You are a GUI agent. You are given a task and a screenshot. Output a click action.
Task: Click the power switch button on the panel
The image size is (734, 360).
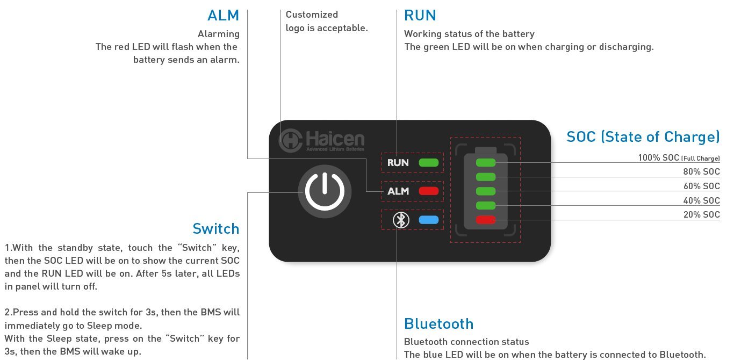tap(325, 191)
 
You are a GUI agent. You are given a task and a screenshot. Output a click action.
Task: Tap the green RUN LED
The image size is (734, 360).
tap(429, 162)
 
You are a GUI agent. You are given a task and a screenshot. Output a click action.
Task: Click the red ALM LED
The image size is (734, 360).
tap(429, 191)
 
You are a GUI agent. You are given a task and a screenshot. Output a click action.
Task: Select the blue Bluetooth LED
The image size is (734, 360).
tap(429, 220)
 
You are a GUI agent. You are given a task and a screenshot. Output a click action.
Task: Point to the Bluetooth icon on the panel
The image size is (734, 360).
tap(401, 220)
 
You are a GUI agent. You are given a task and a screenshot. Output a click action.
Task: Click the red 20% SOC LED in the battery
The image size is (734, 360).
tap(486, 220)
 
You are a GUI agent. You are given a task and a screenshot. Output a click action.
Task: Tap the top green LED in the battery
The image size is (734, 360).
tap(486, 162)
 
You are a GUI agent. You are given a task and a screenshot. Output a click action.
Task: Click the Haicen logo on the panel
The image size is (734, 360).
tap(321, 140)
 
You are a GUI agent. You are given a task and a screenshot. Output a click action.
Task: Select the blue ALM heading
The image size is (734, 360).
tap(223, 16)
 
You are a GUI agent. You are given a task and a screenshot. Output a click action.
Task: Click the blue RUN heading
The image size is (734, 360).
tap(420, 16)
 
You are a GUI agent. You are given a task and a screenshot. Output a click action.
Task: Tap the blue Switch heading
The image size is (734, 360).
tap(216, 229)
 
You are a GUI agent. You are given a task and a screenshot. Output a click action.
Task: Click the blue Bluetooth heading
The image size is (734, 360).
tap(439, 323)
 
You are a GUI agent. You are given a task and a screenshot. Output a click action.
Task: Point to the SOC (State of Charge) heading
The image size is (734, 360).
tap(643, 136)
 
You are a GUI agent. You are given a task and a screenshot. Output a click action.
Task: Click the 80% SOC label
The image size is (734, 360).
tap(702, 171)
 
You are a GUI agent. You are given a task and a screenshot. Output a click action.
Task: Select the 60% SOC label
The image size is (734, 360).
tap(702, 186)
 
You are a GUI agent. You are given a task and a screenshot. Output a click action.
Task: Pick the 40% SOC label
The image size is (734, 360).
tap(702, 200)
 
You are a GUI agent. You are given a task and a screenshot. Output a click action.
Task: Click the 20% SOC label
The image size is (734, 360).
tap(702, 214)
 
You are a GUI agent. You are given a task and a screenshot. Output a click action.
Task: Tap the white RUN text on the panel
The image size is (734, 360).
tap(398, 162)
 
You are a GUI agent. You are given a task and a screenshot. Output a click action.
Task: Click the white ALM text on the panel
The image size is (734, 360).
tap(398, 191)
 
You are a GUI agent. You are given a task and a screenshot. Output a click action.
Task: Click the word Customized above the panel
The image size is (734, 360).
tap(312, 15)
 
